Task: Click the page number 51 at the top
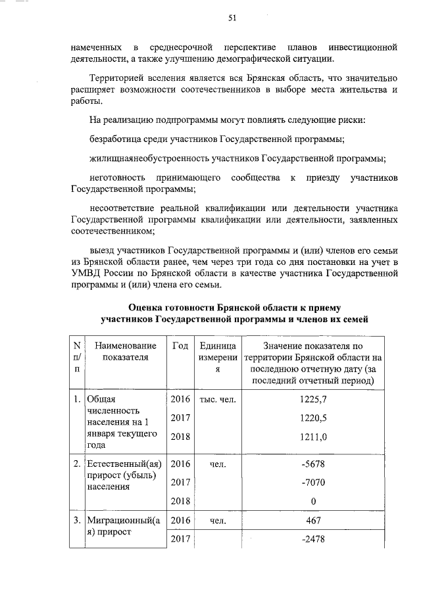232,18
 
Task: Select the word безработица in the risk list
114,139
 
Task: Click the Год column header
180,346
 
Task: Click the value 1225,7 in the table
312,399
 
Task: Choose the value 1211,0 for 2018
312,436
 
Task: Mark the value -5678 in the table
312,465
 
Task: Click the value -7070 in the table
312,483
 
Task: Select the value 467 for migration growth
312,521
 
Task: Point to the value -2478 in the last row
312,540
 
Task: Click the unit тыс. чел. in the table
218,399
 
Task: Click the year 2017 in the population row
180,417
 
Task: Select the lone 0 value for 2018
312,502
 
